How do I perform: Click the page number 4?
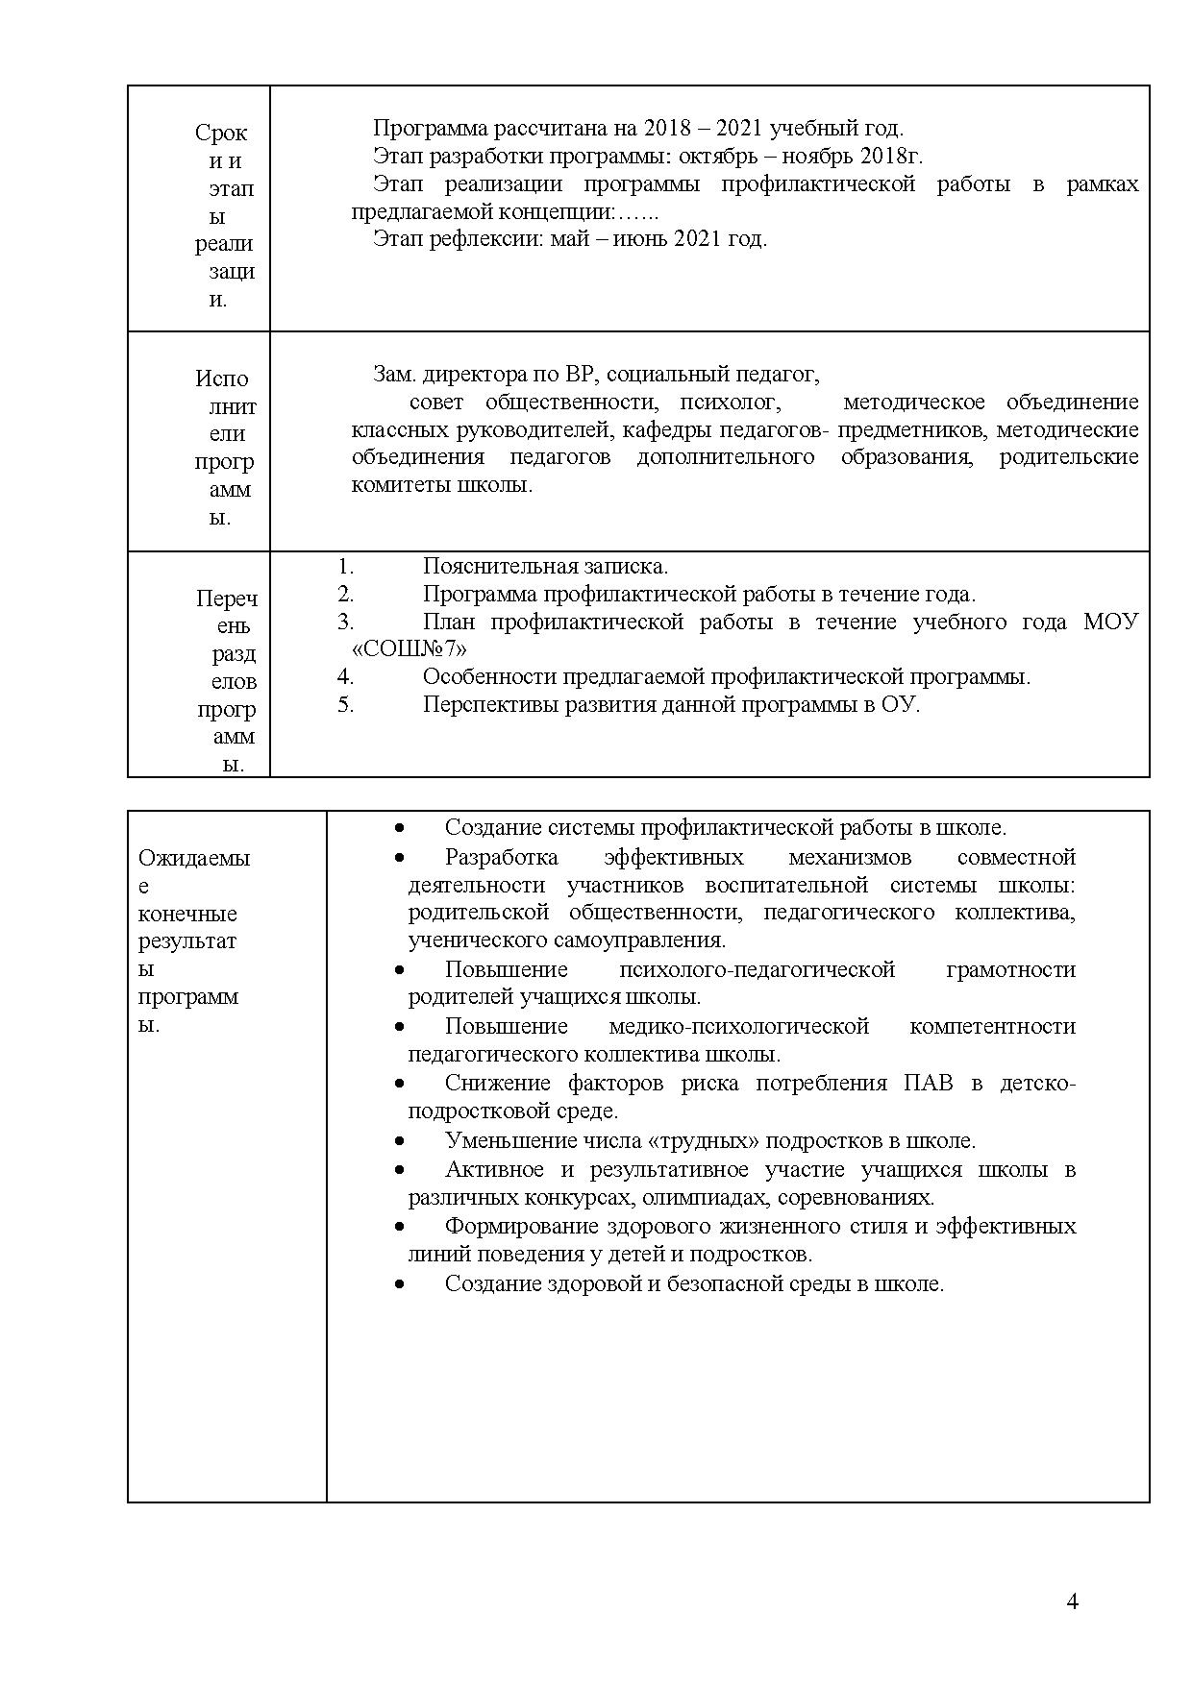(1073, 1601)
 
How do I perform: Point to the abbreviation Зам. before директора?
(394, 375)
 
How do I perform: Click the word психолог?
(730, 403)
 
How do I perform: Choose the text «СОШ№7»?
(403, 648)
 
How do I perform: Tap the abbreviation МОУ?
(1110, 622)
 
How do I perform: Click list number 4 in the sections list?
(346, 677)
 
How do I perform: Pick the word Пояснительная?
(496, 567)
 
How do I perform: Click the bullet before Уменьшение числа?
(399, 1141)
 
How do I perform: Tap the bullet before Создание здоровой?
(399, 1284)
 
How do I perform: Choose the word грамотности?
(1010, 970)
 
